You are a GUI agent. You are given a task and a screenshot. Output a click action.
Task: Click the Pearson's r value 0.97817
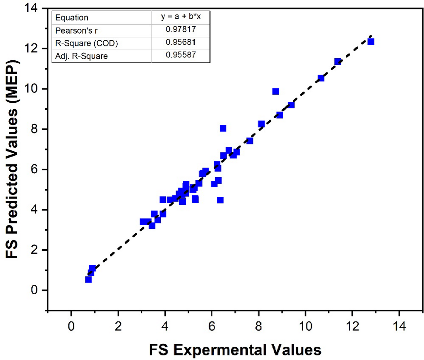point(181,29)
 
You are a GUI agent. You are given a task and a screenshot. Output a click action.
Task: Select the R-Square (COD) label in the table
point(86,43)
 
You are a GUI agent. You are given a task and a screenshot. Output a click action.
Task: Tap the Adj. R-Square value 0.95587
point(181,55)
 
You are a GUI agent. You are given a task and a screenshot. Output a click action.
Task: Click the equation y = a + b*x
point(181,16)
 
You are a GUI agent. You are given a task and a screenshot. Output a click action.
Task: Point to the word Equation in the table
point(72,18)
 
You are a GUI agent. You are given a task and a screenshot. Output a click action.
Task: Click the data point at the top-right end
point(371,42)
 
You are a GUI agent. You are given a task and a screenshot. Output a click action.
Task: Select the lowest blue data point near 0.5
point(88,279)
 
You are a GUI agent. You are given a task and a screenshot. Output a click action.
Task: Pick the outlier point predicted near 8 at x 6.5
point(223,128)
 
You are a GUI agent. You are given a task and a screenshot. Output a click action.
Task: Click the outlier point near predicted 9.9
point(276,91)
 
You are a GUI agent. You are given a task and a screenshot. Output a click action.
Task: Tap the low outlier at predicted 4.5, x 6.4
point(220,200)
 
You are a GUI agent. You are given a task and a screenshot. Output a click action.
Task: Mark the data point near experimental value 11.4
point(338,61)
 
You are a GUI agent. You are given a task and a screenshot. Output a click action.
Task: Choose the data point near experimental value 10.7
point(321,78)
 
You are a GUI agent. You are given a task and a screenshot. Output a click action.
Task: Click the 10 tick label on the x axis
point(305,326)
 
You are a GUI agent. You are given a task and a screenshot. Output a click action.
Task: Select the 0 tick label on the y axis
point(35,290)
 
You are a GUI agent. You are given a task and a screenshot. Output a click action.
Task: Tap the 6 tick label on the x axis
point(212,326)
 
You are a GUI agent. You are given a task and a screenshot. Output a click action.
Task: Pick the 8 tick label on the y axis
point(35,129)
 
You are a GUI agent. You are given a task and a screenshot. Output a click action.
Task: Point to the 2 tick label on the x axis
point(118,326)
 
